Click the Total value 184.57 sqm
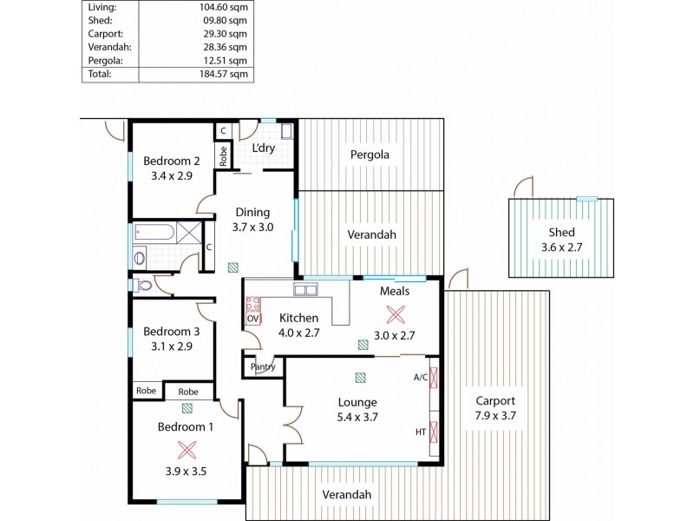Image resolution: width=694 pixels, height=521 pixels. coord(223,75)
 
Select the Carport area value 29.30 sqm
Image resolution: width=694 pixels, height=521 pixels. coord(226,34)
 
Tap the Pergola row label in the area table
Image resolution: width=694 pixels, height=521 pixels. coord(105,61)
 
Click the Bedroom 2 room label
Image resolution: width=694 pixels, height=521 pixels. coord(172,161)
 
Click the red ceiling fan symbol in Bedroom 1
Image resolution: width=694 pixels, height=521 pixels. coord(187,449)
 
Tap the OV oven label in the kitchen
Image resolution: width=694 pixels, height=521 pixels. coord(253,319)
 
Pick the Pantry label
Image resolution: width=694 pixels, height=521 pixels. coord(263,367)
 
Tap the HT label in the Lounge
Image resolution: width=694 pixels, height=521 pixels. coord(421,432)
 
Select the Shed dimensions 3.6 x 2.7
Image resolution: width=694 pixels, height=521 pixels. coord(560,247)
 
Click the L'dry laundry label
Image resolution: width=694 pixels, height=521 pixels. coord(264,148)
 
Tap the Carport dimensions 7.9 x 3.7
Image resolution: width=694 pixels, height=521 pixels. coord(495,416)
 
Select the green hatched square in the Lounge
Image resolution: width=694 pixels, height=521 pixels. coord(359,378)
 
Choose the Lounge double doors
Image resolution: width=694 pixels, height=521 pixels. coord(293,422)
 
